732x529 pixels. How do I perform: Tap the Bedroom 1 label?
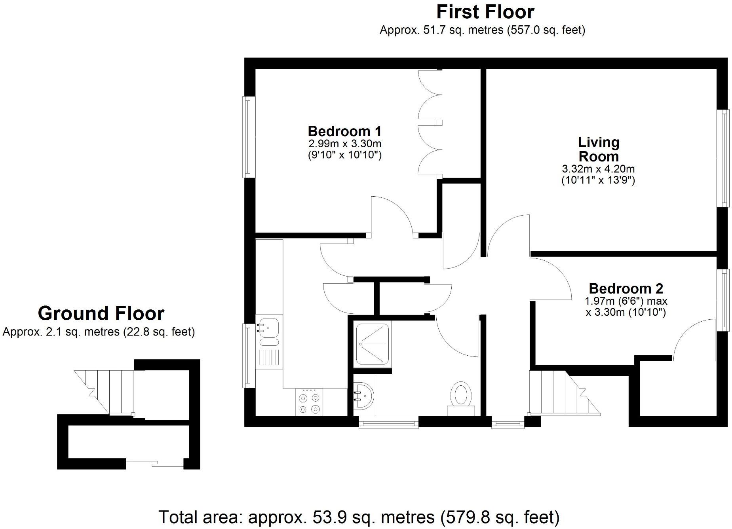[x=344, y=131]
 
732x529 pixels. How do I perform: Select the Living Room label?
[x=598, y=149]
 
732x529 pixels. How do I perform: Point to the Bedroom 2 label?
[x=626, y=288]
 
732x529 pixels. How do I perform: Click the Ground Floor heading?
[x=101, y=313]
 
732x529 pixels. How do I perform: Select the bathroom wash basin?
[x=363, y=395]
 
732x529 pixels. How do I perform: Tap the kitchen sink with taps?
[x=268, y=328]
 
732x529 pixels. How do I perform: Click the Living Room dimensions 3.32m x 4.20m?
[x=598, y=169]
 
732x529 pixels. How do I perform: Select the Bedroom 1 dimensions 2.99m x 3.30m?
[x=344, y=143]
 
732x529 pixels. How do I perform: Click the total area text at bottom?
[x=359, y=517]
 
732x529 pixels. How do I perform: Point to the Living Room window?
[x=723, y=158]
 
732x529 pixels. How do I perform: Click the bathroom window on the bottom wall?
[x=388, y=423]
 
